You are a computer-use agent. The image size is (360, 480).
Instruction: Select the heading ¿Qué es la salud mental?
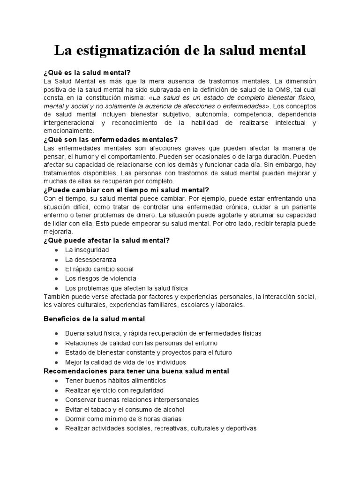[87, 73]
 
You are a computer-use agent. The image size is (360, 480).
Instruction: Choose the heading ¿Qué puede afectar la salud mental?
[106, 240]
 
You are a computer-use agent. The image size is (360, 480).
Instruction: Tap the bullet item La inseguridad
[87, 250]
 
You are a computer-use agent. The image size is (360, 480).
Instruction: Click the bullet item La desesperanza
[91, 259]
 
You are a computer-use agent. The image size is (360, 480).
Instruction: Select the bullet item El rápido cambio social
[99, 269]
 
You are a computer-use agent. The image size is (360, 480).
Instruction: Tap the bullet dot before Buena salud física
[56, 333]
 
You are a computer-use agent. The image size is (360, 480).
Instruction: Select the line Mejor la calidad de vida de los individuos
[126, 362]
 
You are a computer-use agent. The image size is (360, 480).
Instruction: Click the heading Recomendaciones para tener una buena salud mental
[136, 371]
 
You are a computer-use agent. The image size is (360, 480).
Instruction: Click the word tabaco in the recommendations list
[103, 409]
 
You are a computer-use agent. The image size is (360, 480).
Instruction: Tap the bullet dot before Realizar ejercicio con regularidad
[56, 390]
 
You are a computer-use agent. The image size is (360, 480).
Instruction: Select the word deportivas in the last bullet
[240, 428]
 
